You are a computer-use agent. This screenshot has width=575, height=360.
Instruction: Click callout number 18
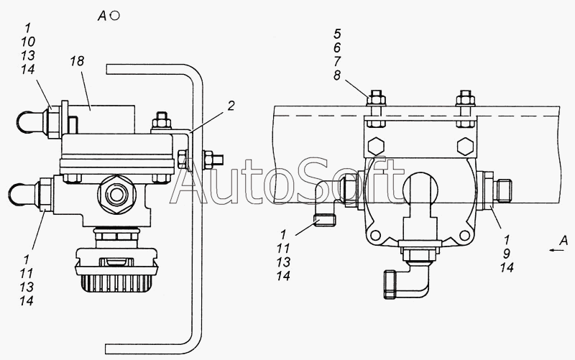78,61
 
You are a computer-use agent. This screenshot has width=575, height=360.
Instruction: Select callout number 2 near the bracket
231,106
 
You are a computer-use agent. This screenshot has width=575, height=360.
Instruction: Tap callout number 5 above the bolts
337,34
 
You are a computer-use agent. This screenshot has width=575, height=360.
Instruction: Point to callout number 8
337,75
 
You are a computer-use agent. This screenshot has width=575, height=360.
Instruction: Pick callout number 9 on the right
507,254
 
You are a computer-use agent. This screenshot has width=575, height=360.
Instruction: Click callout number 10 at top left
28,42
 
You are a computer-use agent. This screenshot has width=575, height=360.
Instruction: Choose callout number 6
337,47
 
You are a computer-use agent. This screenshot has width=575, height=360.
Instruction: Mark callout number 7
337,61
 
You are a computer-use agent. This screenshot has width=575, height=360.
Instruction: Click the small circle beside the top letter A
115,16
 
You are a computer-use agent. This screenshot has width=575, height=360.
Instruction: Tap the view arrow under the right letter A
556,250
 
